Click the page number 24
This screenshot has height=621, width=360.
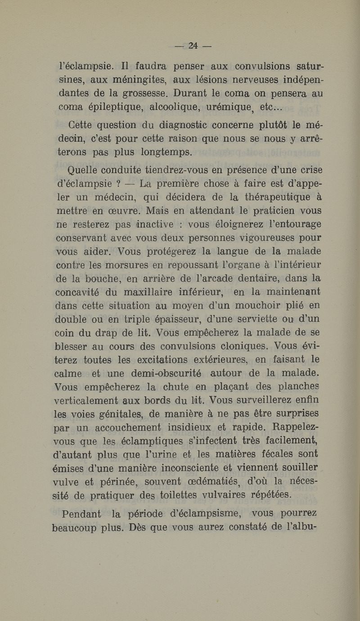coord(193,45)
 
